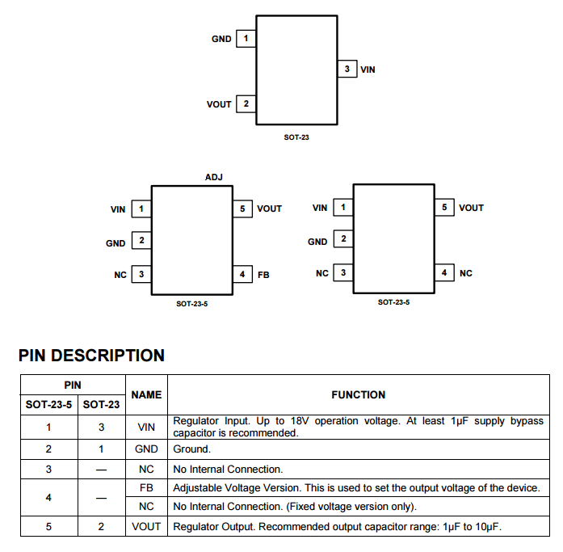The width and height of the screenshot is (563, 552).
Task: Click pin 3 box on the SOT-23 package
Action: click(347, 69)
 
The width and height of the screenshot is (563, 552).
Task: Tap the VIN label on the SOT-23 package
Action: click(368, 70)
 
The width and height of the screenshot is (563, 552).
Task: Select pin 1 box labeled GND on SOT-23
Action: click(246, 38)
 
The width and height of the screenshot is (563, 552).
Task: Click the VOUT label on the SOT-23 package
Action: click(219, 104)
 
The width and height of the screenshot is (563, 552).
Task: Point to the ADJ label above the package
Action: click(214, 177)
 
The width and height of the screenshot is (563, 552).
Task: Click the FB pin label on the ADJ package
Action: click(263, 275)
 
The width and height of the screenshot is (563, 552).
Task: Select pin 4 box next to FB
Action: click(242, 275)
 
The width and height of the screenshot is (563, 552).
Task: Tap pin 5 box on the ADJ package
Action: click(242, 209)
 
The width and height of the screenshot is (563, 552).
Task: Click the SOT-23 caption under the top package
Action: click(296, 137)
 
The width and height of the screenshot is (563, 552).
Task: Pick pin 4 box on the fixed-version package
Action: click(443, 273)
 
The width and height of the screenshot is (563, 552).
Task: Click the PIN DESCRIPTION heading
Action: click(91, 356)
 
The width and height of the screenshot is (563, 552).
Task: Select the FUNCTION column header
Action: click(359, 394)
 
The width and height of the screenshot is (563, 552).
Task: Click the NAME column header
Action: click(146, 394)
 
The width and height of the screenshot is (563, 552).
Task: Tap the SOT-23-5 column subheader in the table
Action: click(48, 405)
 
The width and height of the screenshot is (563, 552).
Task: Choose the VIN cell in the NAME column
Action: click(146, 427)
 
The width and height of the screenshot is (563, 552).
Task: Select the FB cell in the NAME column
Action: click(146, 487)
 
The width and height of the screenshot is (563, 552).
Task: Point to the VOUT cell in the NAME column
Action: click(146, 527)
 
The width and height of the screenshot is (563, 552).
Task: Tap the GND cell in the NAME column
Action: click(146, 449)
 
